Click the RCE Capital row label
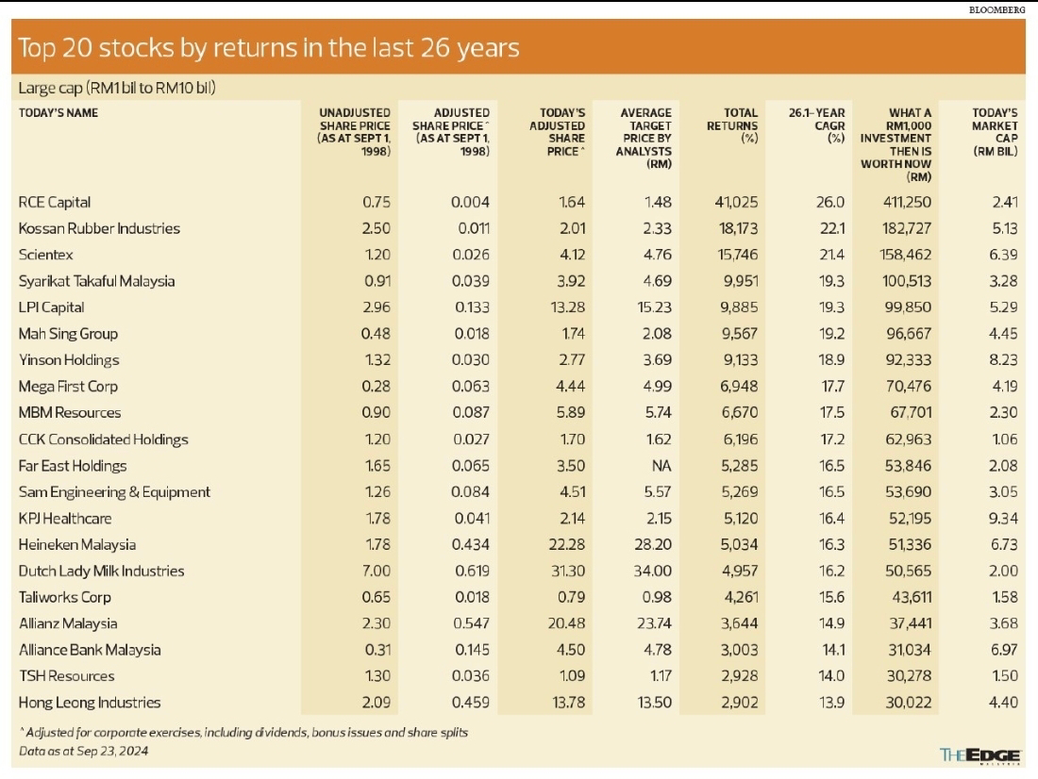click(55, 202)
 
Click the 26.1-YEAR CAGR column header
click(816, 124)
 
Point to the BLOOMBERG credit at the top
click(997, 8)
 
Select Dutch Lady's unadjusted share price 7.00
click(376, 572)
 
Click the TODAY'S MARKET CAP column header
click(995, 131)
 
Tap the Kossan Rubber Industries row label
click(99, 228)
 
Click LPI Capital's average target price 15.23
click(651, 307)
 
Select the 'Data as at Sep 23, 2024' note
click(84, 751)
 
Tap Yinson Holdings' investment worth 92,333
click(909, 360)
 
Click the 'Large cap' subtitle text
click(118, 89)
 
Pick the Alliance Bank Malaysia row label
click(90, 650)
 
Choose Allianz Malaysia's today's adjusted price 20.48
click(565, 623)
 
